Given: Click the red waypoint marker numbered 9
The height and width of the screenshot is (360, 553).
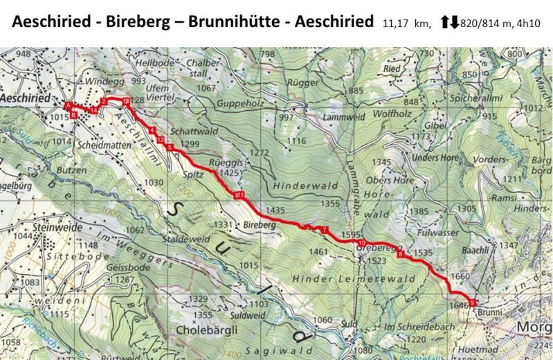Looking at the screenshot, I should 473,302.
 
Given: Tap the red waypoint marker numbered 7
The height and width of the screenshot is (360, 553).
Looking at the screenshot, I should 323,229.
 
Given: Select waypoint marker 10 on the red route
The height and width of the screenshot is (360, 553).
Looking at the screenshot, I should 362,243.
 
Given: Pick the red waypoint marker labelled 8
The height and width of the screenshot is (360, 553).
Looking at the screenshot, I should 400,253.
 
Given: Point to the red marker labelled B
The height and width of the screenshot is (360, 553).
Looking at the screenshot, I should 73,116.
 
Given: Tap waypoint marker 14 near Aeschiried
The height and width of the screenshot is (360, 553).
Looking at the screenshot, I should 93,110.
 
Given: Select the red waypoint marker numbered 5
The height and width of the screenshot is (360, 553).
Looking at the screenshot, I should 170,147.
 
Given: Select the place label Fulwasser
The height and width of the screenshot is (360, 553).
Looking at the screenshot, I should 434,233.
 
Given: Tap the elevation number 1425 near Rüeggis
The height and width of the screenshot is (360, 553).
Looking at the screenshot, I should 228,172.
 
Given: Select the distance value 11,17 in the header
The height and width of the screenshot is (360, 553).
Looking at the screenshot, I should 397,24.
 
